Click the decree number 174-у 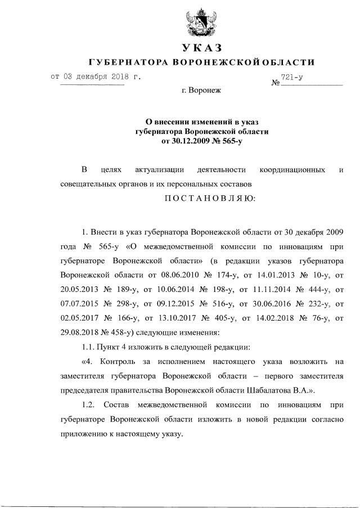pyautogui.click(x=226, y=275)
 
